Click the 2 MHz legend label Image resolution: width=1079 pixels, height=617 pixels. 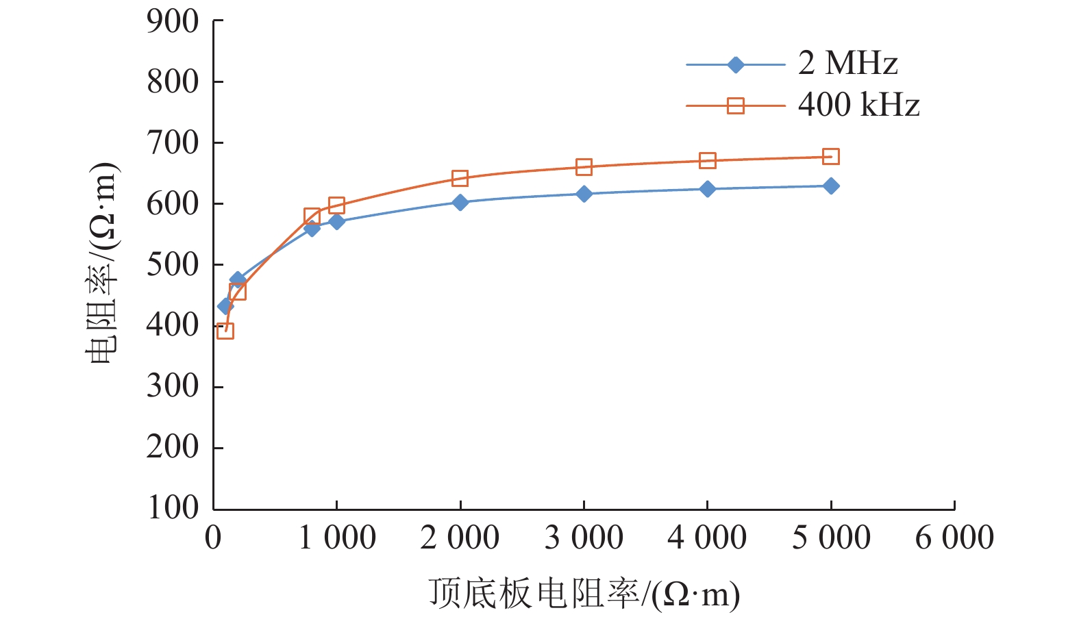[847, 64]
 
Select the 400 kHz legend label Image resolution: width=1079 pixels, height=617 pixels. [858, 105]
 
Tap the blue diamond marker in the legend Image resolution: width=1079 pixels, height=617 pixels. [735, 65]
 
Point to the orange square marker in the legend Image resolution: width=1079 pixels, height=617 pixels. [735, 105]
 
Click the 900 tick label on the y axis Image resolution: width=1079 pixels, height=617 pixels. [173, 22]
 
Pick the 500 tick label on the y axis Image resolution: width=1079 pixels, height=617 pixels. [173, 265]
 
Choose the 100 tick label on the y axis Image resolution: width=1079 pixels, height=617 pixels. [173, 508]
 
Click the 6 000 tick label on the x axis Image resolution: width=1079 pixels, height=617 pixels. [954, 538]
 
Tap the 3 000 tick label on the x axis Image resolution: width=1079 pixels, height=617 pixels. [584, 538]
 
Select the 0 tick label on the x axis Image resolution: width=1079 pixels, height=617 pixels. [213, 538]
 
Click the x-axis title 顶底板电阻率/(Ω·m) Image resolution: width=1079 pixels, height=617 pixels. [584, 594]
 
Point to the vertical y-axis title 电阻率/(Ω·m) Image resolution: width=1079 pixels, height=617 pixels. [103, 264]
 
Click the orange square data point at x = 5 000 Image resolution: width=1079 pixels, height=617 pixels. [831, 157]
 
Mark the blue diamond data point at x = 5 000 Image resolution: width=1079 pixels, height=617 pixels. [831, 186]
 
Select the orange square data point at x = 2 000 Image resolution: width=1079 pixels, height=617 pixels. [460, 178]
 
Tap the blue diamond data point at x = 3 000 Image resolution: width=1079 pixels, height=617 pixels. [584, 194]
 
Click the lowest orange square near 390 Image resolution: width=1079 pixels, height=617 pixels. [225, 331]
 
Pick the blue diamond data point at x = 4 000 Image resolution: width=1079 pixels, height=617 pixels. [708, 189]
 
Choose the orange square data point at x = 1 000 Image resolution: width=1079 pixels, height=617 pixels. [336, 205]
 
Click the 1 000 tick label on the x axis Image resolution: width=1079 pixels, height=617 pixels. [337, 538]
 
